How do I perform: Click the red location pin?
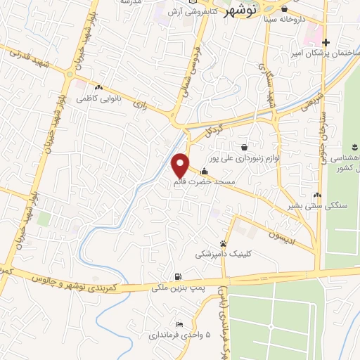[x=181, y=165]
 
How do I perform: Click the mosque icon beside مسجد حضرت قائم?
[x=205, y=171]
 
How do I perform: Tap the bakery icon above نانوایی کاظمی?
[x=98, y=88]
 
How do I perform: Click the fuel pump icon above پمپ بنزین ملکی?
[x=178, y=276]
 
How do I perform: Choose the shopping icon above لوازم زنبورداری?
[x=244, y=147]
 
